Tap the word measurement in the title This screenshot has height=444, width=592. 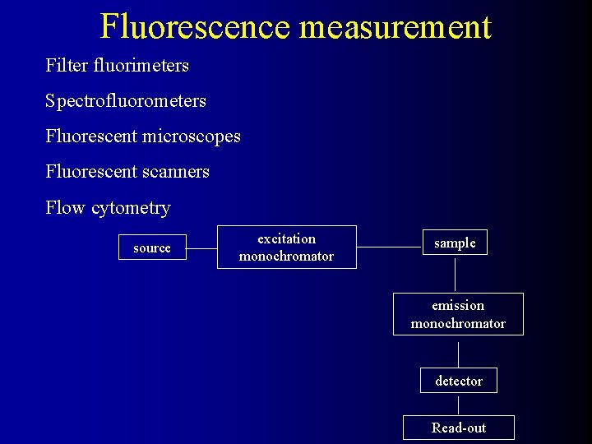coord(395,26)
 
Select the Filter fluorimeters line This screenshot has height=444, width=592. coord(118,65)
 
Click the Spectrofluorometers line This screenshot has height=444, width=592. coord(126,101)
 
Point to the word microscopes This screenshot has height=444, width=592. coord(192,136)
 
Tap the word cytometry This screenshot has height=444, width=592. coord(132,208)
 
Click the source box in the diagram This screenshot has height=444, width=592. coord(152,247)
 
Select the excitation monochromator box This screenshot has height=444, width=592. coord(286,247)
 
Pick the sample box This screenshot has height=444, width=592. coord(455,243)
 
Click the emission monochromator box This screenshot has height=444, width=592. coord(458,314)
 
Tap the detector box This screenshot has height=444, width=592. coord(459,381)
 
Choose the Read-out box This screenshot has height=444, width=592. coord(458,428)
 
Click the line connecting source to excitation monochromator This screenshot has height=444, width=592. coord(201,247)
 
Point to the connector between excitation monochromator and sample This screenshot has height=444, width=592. coord(389,247)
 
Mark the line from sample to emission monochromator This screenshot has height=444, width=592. coord(456,274)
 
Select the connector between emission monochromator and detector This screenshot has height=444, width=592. coord(458,351)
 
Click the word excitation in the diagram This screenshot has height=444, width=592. coord(286,239)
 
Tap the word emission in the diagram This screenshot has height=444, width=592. coord(458,306)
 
